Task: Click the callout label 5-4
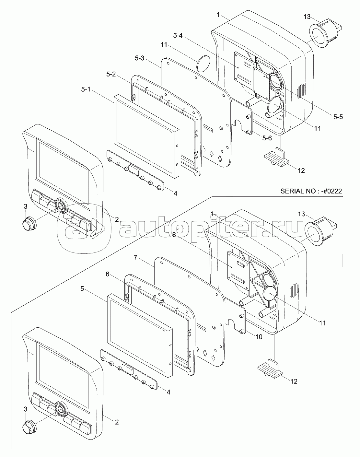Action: pyautogui.click(x=178, y=35)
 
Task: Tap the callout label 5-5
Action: pyautogui.click(x=338, y=117)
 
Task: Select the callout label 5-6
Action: pyautogui.click(x=267, y=138)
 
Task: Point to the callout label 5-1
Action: pyautogui.click(x=86, y=89)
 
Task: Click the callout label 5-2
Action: pyautogui.click(x=111, y=74)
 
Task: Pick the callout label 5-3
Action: pyautogui.click(x=140, y=58)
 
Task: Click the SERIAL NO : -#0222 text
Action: pyautogui.click(x=311, y=191)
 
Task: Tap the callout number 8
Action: pyautogui.click(x=174, y=235)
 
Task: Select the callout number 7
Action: pyautogui.click(x=135, y=258)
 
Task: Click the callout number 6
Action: pyautogui.click(x=108, y=274)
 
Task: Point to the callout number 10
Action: pyautogui.click(x=259, y=337)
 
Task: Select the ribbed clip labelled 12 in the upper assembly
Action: pyautogui.click(x=276, y=158)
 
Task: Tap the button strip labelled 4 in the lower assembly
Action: pyautogui.click(x=129, y=369)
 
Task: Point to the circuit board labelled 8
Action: pyautogui.click(x=238, y=270)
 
